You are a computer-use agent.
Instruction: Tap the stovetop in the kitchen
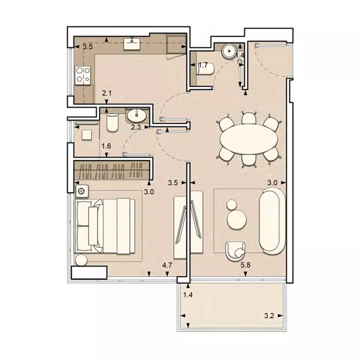[83, 75]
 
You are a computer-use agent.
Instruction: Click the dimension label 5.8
[246, 265]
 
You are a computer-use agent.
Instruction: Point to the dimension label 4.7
[167, 265]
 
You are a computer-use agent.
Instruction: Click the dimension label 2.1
[107, 93]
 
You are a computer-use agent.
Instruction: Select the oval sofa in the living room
[271, 221]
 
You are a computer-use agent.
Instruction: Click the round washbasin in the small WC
[229, 50]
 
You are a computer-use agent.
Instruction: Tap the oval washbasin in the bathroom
[138, 116]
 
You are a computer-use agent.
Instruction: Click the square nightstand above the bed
[81, 191]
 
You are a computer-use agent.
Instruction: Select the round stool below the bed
[81, 261]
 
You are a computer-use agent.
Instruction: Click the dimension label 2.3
[136, 127]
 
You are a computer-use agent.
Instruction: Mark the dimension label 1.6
[106, 146]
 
